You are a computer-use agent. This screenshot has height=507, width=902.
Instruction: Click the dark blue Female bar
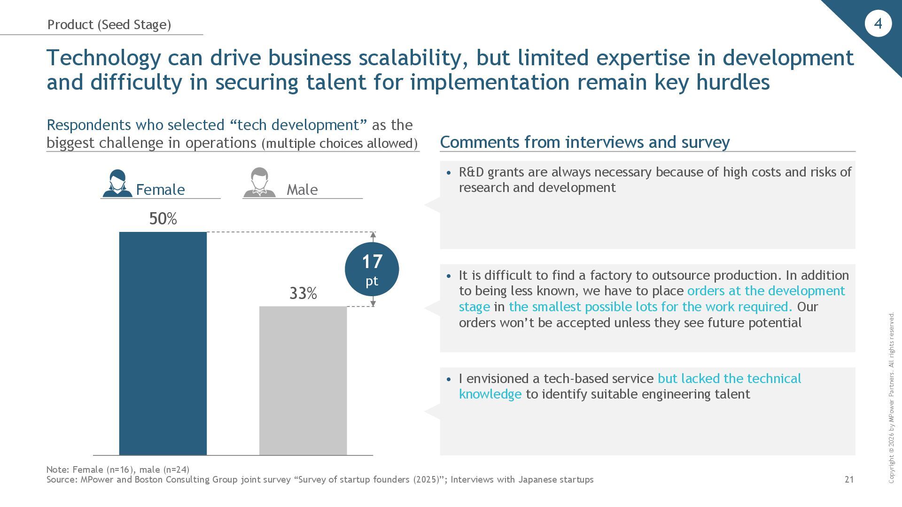coord(163,343)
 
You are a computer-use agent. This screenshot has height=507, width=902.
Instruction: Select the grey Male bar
coord(303,380)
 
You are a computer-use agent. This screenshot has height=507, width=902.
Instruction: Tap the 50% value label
coord(163,219)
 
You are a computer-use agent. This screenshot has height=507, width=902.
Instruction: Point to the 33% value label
coord(303,294)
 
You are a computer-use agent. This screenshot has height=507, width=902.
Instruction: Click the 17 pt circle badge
coord(372,269)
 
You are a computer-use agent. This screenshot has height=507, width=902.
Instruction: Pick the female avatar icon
coord(117,183)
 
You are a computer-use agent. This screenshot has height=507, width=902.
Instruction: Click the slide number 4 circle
coord(878,23)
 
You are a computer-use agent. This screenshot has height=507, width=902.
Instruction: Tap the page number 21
coord(849,479)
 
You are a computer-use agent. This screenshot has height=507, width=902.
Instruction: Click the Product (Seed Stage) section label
coord(109,24)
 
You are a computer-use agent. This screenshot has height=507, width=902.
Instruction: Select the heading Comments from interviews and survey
coord(584,142)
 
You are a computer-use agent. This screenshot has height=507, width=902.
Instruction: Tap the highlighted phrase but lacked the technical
coord(729,378)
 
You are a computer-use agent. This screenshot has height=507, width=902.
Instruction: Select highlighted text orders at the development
coord(766,291)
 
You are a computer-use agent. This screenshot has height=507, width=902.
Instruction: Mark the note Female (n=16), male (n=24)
coord(118,469)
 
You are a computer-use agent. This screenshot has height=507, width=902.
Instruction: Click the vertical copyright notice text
coord(891,398)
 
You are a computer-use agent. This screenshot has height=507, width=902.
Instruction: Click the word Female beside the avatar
coord(160,190)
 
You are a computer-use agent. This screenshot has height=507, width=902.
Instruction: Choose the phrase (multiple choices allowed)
coord(340,143)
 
